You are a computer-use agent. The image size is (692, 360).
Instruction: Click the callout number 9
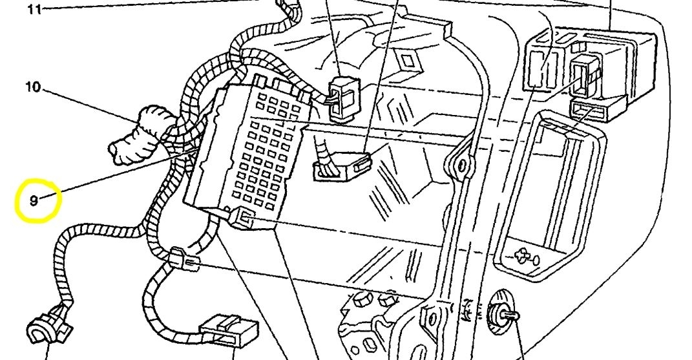[x=34, y=200]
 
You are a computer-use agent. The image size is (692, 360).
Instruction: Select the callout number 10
[x=33, y=87]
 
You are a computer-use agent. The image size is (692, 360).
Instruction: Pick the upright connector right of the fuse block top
[x=342, y=98]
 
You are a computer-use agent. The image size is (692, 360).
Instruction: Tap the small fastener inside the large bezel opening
[x=523, y=256]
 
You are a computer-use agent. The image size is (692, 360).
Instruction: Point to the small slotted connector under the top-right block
[x=589, y=111]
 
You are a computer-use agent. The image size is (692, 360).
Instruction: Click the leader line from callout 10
[x=97, y=107]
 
